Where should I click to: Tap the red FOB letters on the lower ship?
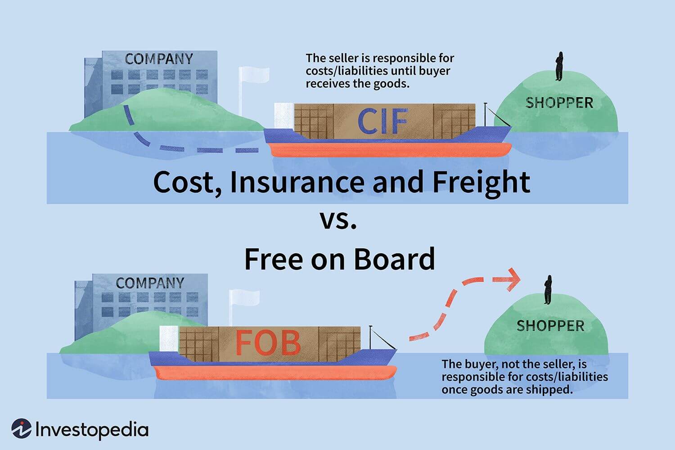click(x=268, y=343)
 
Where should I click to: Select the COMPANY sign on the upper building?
click(x=159, y=59)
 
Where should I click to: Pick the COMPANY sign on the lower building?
click(x=150, y=283)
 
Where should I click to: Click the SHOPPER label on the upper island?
click(x=559, y=103)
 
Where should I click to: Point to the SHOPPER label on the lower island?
click(x=550, y=326)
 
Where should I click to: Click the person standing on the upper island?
click(x=559, y=67)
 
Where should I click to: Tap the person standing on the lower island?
click(x=548, y=290)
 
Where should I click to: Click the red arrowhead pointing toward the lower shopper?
click(x=512, y=279)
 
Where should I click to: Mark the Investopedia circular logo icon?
click(x=21, y=429)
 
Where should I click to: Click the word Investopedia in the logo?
click(x=92, y=430)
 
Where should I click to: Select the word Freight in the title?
click(x=481, y=182)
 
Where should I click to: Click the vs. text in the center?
click(x=339, y=220)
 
